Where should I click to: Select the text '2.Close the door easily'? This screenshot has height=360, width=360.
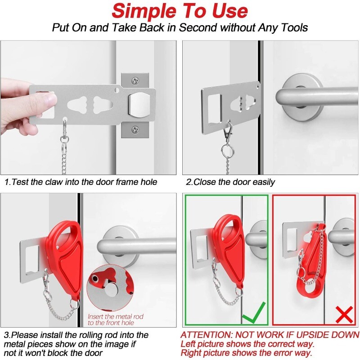tap(230, 182)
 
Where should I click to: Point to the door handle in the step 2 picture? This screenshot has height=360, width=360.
tap(310, 97)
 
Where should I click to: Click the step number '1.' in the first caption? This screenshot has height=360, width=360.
tap(8, 182)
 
